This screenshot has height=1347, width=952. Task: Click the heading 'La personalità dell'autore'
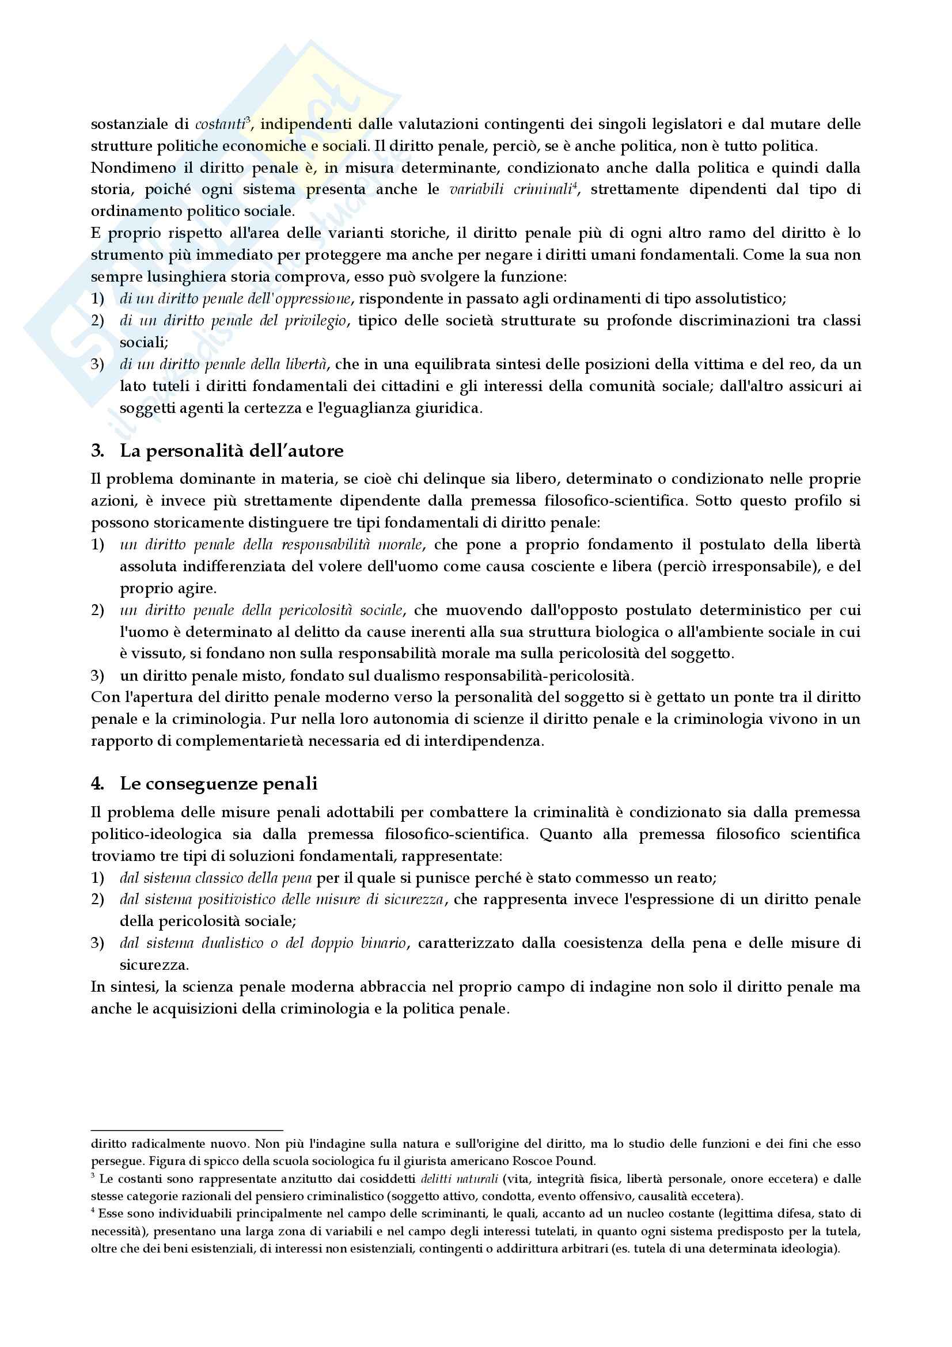coord(231,451)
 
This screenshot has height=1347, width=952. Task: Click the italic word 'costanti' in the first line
coord(220,124)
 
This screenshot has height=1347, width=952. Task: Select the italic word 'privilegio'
coord(317,321)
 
